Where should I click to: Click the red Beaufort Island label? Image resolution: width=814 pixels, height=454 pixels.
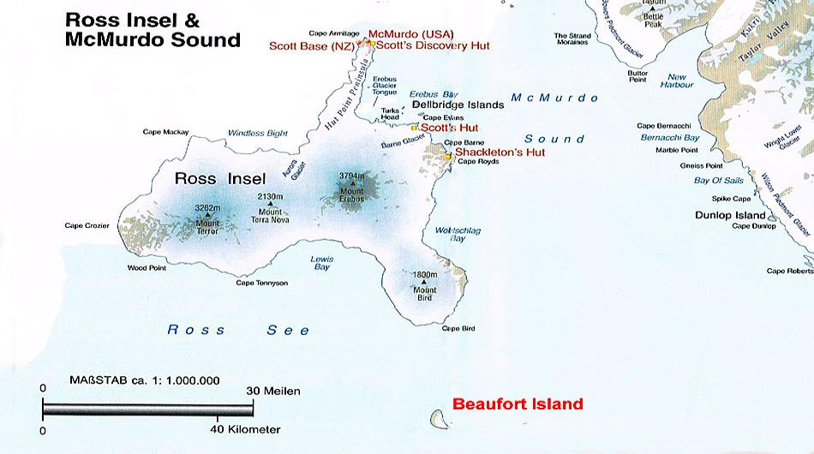tap(518, 403)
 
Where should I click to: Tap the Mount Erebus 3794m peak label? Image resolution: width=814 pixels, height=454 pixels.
tap(352, 186)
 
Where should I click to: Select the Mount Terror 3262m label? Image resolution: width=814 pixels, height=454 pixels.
tap(208, 218)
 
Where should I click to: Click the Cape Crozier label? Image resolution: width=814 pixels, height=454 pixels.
tap(87, 226)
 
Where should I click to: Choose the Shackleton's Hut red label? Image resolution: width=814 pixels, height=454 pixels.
tap(500, 152)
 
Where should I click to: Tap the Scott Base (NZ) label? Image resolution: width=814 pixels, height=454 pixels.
tap(310, 46)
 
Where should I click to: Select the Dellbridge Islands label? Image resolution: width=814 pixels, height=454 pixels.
tap(458, 105)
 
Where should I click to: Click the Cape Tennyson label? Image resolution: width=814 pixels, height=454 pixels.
tap(262, 283)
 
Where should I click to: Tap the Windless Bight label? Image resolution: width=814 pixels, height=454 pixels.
tap(258, 133)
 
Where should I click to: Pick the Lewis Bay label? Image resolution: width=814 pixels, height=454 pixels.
tap(321, 261)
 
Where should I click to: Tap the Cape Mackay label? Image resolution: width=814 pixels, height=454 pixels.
tap(165, 132)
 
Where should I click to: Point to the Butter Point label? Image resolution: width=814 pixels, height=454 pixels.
tap(637, 76)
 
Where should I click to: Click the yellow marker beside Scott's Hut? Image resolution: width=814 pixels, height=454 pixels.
tap(415, 127)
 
